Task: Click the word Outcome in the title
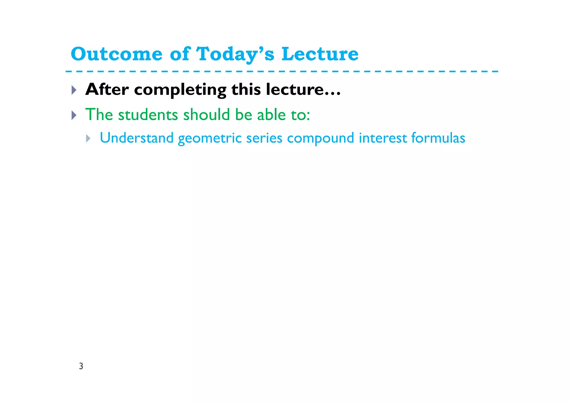click(116, 54)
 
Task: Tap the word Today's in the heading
click(235, 54)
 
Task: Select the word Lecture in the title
click(320, 54)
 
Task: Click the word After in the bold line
click(107, 89)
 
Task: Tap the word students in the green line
click(148, 114)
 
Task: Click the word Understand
click(136, 138)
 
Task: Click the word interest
click(383, 138)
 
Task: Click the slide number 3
click(81, 366)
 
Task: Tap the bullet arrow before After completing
click(74, 90)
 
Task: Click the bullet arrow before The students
click(74, 115)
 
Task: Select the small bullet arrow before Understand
click(88, 138)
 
